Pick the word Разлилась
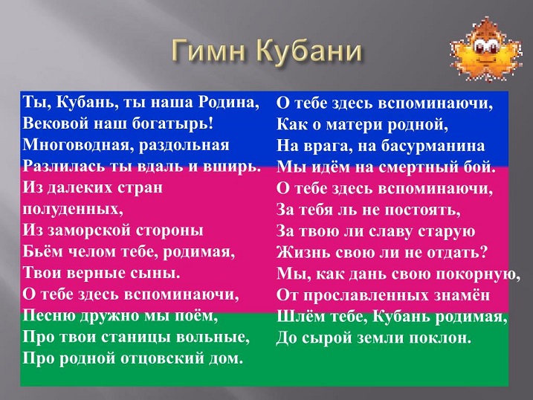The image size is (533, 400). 64,166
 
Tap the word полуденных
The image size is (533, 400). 73,209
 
